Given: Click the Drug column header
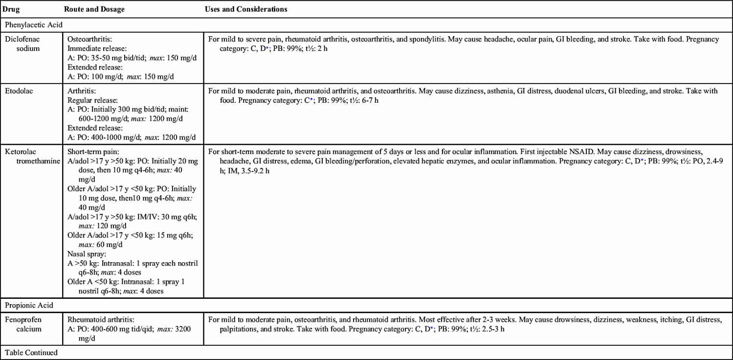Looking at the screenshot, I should pyautogui.click(x=10, y=9).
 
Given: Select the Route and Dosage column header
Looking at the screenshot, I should pyautogui.click(x=93, y=9).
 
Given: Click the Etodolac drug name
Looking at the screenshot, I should pyautogui.click(x=18, y=90).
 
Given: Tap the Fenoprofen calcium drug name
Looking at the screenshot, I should pyautogui.click(x=24, y=324).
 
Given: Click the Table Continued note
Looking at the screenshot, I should pyautogui.click(x=31, y=352).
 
